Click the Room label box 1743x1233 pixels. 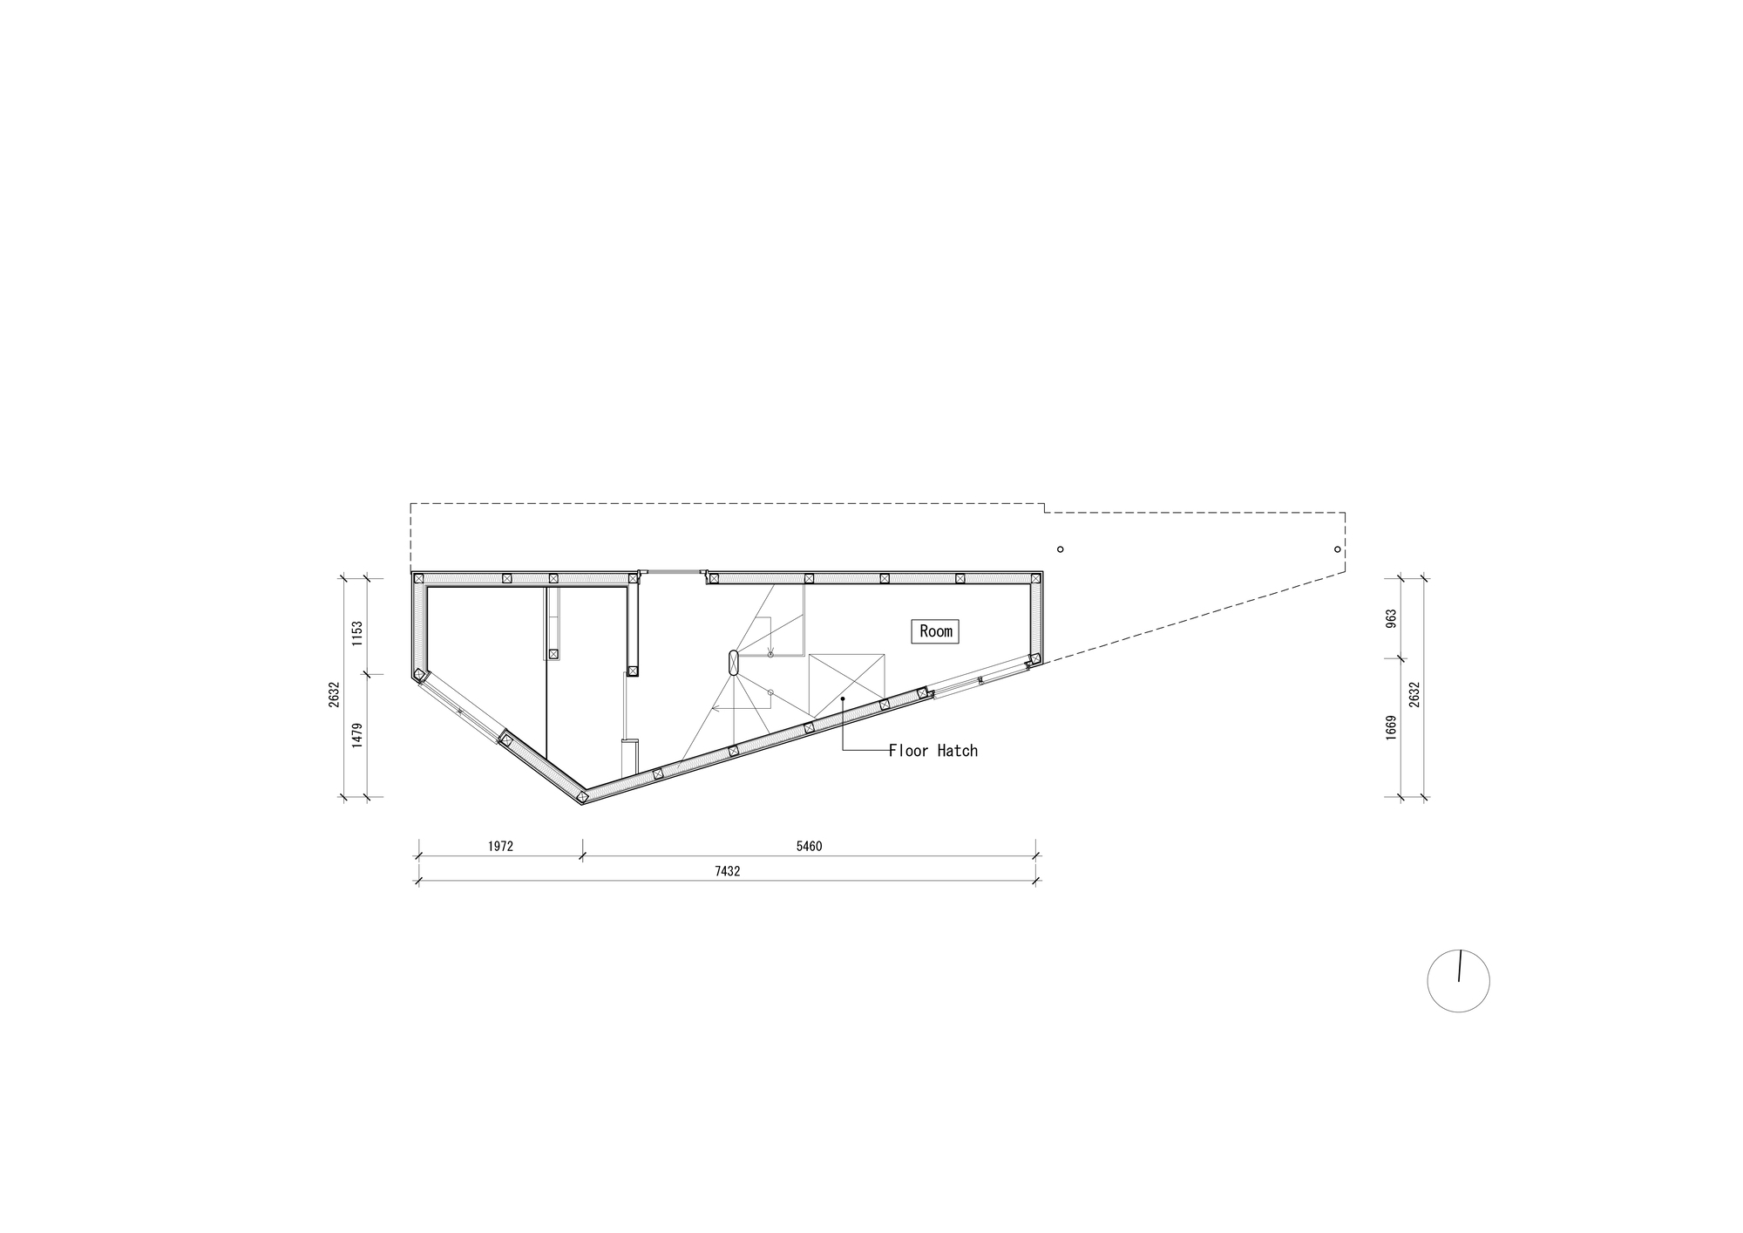[935, 631]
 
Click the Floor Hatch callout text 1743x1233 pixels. [933, 751]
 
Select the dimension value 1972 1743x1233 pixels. [500, 846]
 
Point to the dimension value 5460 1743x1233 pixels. [808, 846]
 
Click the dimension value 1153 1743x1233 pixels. [356, 633]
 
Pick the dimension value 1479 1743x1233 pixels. [356, 735]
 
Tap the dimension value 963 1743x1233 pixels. [1391, 617]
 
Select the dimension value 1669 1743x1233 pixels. [1391, 727]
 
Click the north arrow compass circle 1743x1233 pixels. [1458, 981]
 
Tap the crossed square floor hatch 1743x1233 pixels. [847, 685]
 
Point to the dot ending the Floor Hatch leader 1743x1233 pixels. [843, 698]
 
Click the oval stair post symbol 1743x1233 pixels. [734, 663]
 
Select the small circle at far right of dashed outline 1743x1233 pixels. [1337, 549]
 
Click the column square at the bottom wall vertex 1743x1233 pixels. [581, 795]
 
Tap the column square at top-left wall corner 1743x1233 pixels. [418, 578]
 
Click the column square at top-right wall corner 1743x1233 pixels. [1035, 578]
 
